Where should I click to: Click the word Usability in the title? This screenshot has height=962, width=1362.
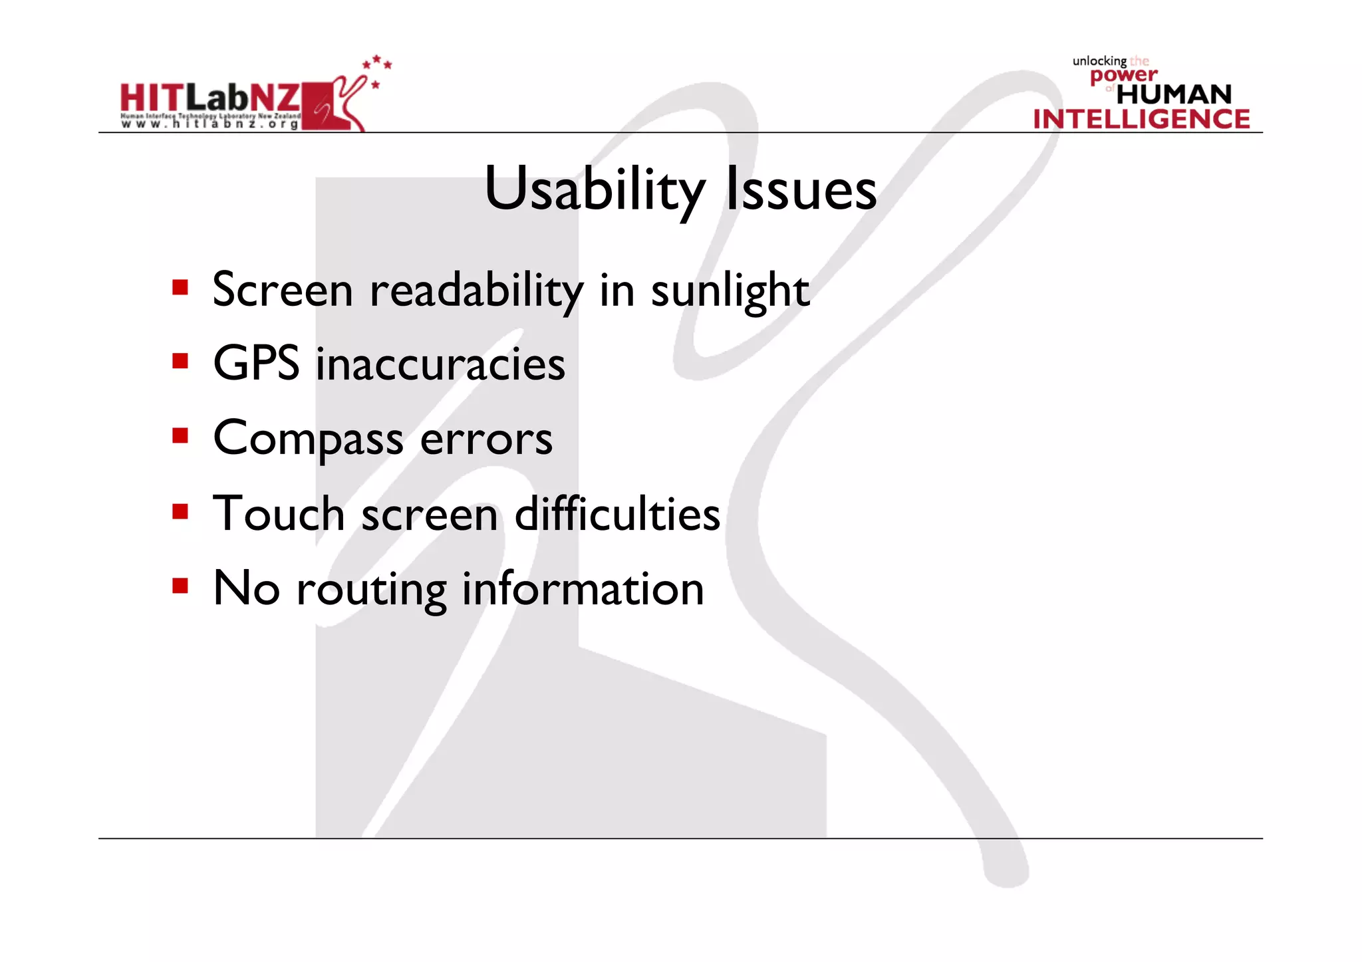pos(594,189)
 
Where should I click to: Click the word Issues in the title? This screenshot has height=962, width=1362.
pos(801,189)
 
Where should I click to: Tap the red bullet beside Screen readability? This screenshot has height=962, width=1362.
pos(180,287)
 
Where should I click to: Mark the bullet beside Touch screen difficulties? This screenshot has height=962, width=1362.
pos(180,511)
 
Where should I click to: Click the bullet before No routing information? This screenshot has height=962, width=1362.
pos(180,586)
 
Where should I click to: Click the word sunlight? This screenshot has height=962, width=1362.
pos(730,291)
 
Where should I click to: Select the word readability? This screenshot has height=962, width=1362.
pos(476,291)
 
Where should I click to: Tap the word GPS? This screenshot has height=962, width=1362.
pos(256,364)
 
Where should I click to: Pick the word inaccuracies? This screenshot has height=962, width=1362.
pos(440,364)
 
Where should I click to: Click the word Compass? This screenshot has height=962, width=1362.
pos(308,439)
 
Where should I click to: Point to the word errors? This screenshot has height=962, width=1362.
pos(486,439)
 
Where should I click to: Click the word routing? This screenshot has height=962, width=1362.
pos(371,590)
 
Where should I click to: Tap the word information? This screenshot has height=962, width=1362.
pos(583,588)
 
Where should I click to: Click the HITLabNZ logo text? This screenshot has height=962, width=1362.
pos(210,98)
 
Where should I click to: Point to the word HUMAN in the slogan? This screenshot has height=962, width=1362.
pos(1174,94)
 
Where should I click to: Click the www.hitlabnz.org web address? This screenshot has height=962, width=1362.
pos(210,124)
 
